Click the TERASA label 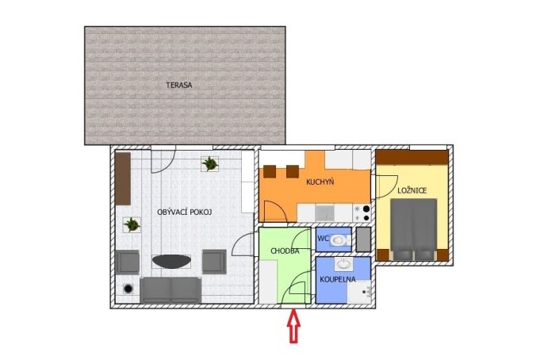pos(178,85)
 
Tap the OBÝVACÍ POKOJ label pos(184,213)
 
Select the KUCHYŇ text pos(320,182)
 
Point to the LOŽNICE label pos(412,190)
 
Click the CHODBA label pos(285,251)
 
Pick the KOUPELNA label pos(337,279)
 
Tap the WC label pos(323,239)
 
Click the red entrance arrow pos(293,326)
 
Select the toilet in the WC pos(340,240)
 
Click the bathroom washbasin pos(343,264)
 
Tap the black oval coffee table pos(171,261)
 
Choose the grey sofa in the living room pos(170,290)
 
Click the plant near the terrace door pos(209,163)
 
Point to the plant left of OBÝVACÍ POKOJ pos(132,224)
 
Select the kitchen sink pos(325,213)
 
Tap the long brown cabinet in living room pos(123,178)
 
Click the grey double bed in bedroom pos(413,230)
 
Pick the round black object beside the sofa pos(128,289)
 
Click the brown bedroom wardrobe pos(412,158)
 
